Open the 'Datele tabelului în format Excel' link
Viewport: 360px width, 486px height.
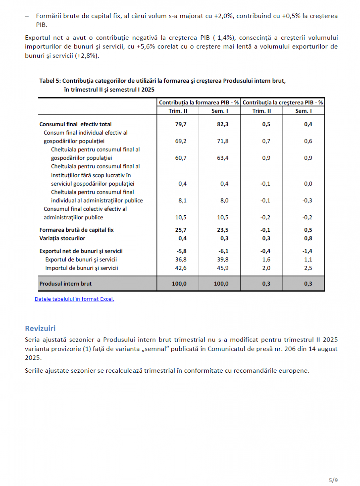[x=74, y=299]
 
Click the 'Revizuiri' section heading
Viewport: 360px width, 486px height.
[x=40, y=328]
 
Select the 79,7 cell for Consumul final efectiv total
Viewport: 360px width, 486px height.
[x=181, y=124]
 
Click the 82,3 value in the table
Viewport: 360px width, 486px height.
[x=223, y=124]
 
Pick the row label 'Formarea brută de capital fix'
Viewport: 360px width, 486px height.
[x=76, y=230]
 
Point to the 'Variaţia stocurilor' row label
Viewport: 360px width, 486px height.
[x=62, y=238]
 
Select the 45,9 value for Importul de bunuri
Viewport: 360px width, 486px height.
[x=223, y=268]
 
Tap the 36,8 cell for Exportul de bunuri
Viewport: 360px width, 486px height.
[x=181, y=259]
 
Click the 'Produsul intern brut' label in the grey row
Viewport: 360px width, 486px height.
[x=65, y=284]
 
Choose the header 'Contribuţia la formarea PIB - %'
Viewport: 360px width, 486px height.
[x=199, y=103]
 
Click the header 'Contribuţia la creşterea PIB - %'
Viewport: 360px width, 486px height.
[x=283, y=103]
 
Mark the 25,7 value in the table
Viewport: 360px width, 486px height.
[x=181, y=230]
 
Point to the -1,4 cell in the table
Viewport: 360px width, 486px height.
[x=307, y=251]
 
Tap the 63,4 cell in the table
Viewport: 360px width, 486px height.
[x=223, y=158]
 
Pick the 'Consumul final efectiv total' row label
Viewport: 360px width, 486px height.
[x=75, y=124]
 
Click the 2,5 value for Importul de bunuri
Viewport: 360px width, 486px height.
[x=308, y=268]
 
